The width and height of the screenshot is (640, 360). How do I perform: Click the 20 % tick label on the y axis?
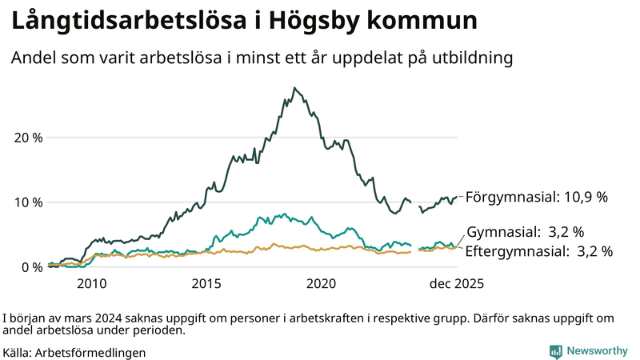pyautogui.click(x=28, y=137)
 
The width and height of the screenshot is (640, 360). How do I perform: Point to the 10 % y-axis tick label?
pyautogui.click(x=28, y=202)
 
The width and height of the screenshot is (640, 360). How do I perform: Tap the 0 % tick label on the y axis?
pyautogui.click(x=31, y=266)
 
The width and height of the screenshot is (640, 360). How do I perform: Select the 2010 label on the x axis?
pyautogui.click(x=91, y=283)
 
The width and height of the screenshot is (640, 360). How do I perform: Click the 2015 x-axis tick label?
pyautogui.click(x=206, y=283)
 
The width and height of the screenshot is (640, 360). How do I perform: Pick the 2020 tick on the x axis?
pyautogui.click(x=322, y=283)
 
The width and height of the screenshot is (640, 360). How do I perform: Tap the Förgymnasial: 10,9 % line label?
pyautogui.click(x=537, y=196)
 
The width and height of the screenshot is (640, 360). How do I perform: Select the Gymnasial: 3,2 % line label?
pyautogui.click(x=525, y=232)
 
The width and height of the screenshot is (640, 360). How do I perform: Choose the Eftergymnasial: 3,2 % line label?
pyautogui.click(x=539, y=251)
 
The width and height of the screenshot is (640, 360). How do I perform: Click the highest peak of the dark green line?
pyautogui.click(x=294, y=88)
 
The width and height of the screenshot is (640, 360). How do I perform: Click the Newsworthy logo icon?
pyautogui.click(x=555, y=351)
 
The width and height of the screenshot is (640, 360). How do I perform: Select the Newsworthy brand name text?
pyautogui.click(x=597, y=351)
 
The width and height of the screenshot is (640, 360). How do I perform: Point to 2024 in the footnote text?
pyautogui.click(x=102, y=317)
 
